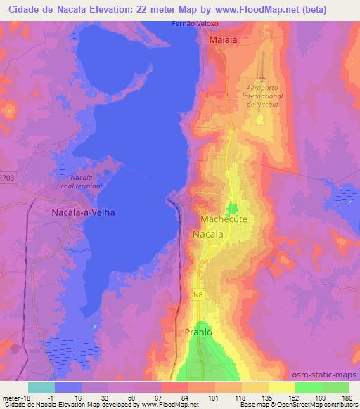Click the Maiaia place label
[223, 41]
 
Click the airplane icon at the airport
[262, 73]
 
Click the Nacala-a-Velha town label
[84, 212]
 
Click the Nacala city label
[208, 233]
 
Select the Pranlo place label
[198, 332]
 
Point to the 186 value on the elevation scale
[347, 397]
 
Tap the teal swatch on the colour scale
[41, 387]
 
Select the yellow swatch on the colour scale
[281, 387]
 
